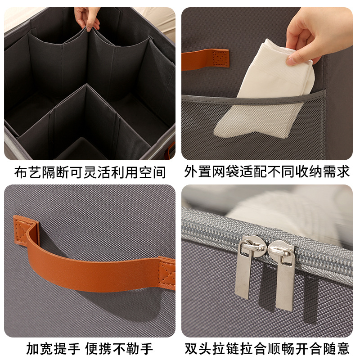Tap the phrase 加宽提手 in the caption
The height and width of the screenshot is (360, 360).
click(x=53, y=348)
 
